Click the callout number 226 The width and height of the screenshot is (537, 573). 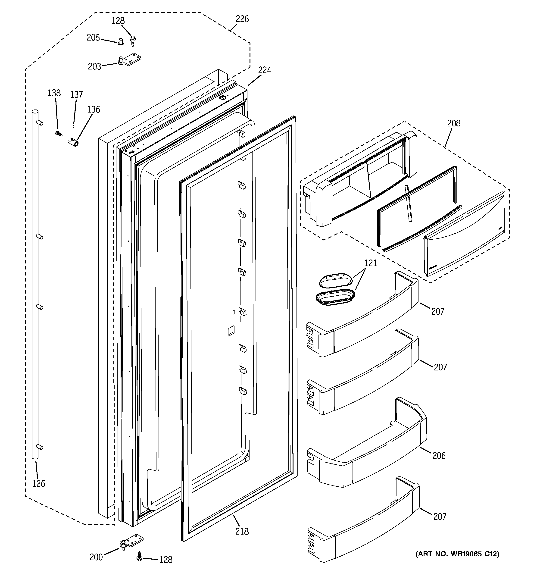tap(242, 19)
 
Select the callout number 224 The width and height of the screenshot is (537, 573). tap(264, 70)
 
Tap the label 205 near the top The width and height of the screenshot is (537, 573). tap(93, 38)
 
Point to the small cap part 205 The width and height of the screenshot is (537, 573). tap(121, 42)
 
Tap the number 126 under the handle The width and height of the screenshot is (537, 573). tap(39, 484)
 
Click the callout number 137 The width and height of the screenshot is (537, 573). tap(76, 94)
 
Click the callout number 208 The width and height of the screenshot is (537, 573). tap(454, 123)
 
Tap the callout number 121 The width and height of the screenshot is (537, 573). tap(370, 263)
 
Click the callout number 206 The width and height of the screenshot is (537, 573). tap(439, 455)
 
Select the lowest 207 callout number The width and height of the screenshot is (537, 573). tap(440, 517)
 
